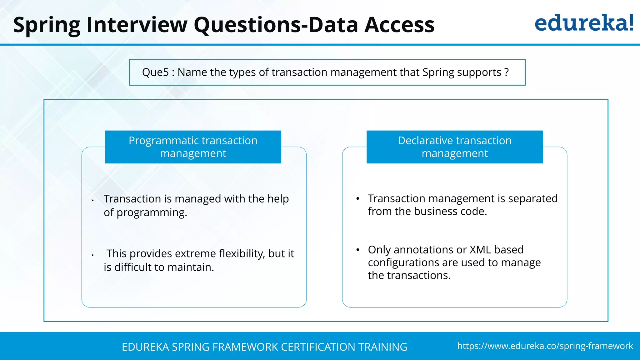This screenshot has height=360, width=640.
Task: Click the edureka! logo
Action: tap(584, 23)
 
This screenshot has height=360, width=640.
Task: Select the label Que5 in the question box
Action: tap(155, 72)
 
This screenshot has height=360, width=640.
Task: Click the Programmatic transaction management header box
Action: tap(193, 147)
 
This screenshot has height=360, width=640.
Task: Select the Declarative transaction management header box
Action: tap(454, 147)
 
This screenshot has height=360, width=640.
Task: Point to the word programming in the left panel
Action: tap(152, 213)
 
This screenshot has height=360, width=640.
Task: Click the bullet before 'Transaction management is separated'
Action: tap(358, 199)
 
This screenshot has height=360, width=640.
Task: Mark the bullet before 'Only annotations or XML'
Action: tap(358, 250)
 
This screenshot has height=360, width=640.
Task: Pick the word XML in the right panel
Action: tap(480, 250)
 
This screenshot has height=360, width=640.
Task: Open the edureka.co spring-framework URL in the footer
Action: tap(545, 346)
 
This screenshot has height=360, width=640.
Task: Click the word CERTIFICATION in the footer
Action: tap(318, 347)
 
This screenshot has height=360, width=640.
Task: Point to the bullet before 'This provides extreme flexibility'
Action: tap(93, 255)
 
